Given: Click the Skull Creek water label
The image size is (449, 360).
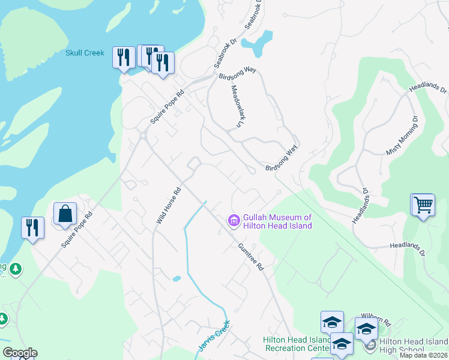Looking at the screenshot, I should (85, 53).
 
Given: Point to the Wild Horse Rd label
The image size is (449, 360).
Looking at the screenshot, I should (168, 207).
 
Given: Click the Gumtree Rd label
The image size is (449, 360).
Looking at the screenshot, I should (250, 256).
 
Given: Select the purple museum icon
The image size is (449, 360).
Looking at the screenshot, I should (234, 221).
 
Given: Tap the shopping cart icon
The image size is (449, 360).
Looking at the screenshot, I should (423, 205).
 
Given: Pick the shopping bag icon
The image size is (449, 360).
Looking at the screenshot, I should (65, 214).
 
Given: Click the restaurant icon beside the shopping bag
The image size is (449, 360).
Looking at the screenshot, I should (33, 228).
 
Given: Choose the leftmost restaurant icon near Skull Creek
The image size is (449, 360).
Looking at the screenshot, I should (124, 58).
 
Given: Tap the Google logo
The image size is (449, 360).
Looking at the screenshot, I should (19, 353).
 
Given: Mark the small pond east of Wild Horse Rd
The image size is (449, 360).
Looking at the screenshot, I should (176, 278).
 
